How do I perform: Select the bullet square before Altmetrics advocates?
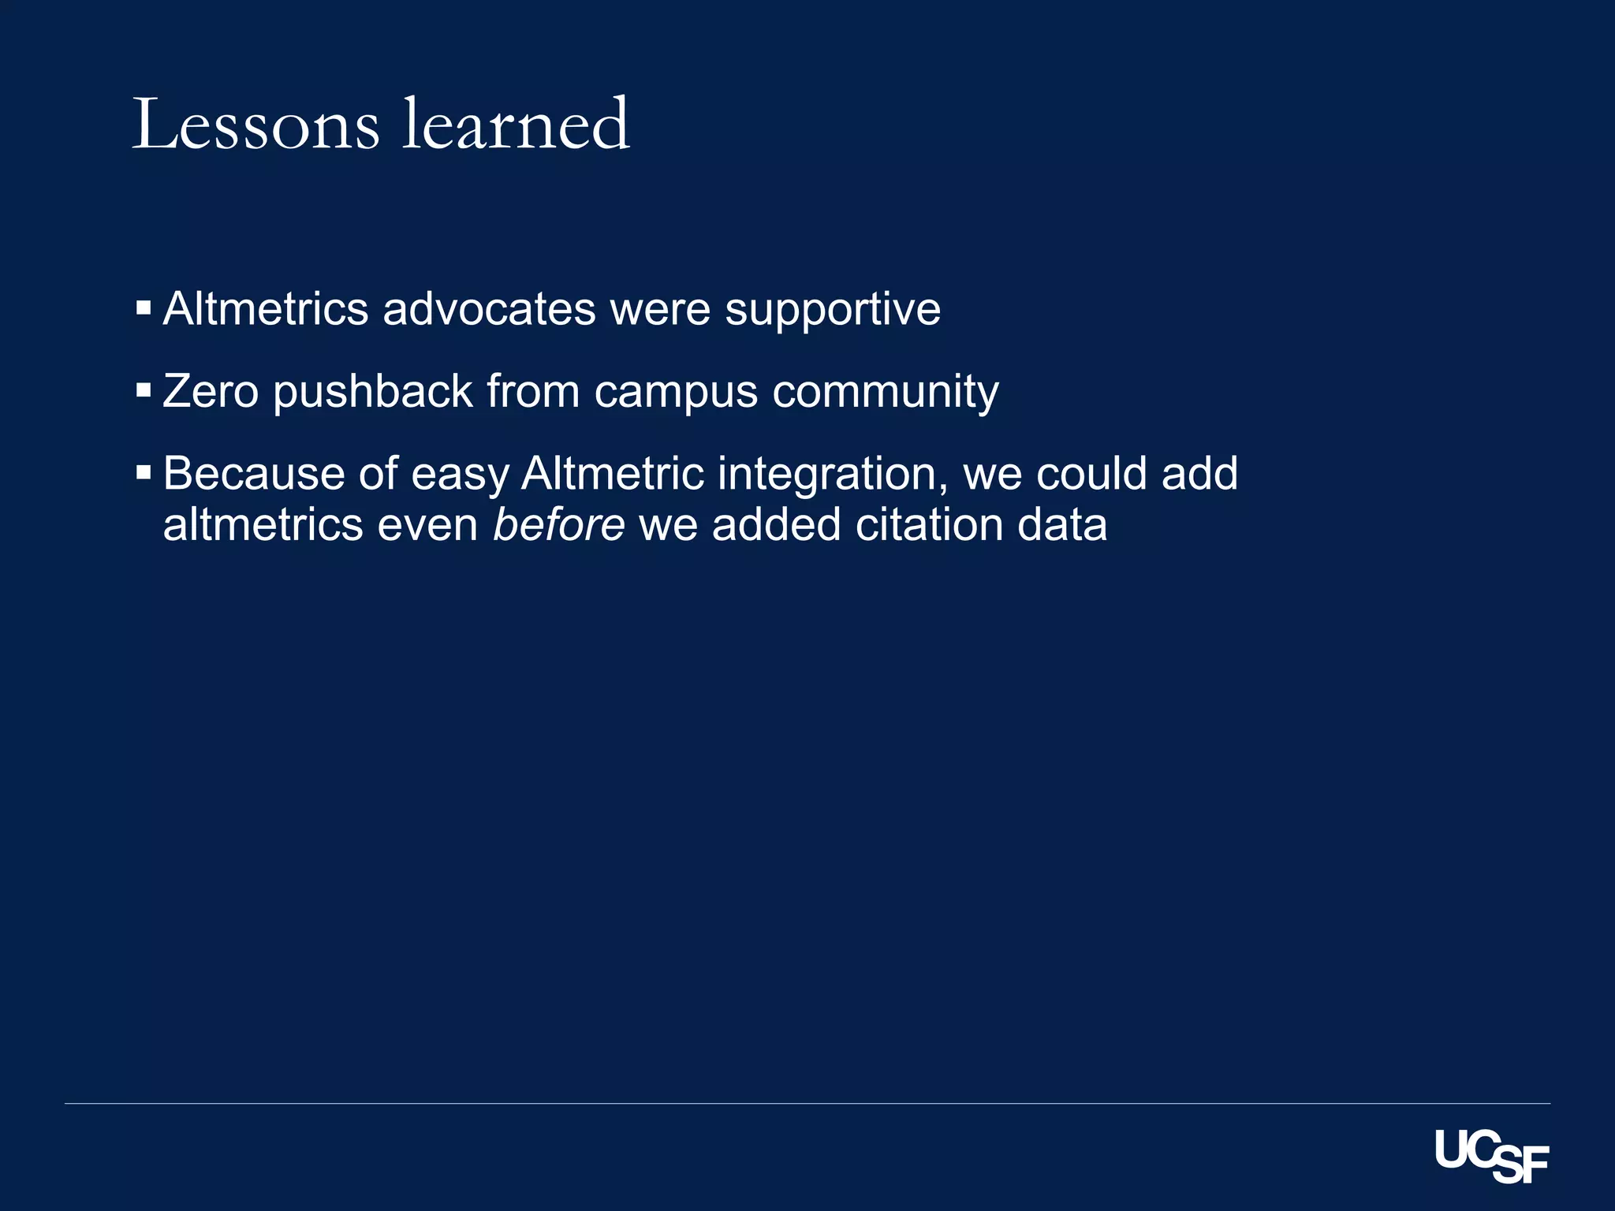point(144,307)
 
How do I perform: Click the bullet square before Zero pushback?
point(144,390)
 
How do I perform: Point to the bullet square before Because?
point(144,473)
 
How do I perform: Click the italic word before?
point(558,525)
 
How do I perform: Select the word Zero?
point(211,391)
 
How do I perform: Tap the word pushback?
point(372,393)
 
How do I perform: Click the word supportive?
point(833,310)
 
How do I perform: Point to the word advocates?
point(489,308)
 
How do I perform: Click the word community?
point(885,393)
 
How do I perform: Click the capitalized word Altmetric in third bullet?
point(612,474)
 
